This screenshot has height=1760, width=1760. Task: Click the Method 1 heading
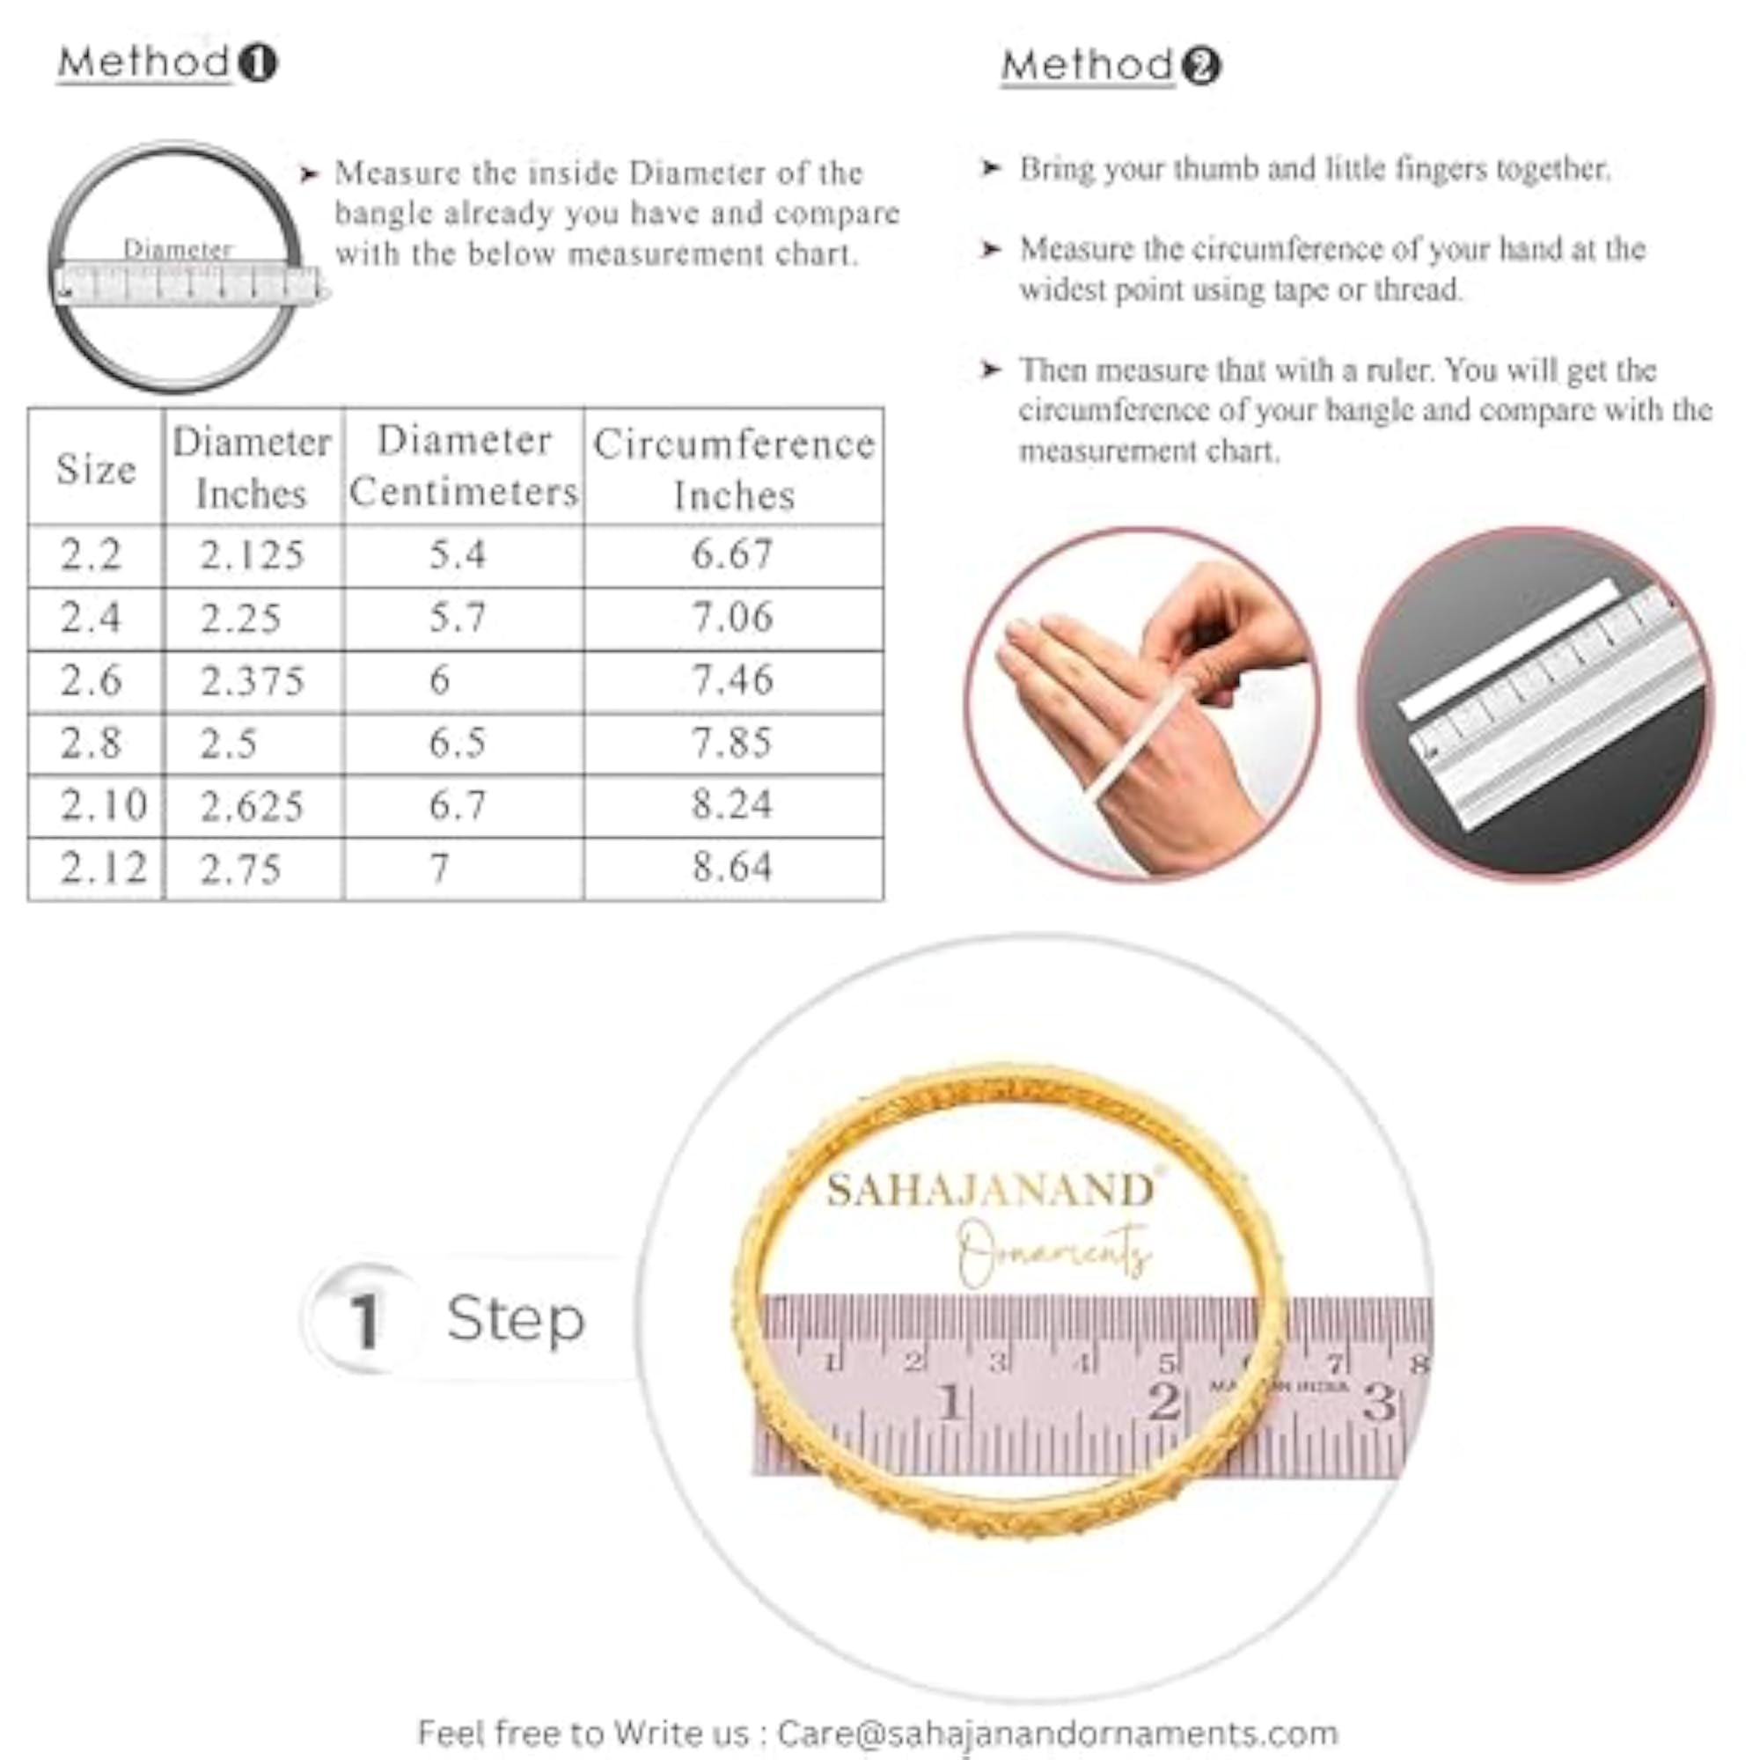167,62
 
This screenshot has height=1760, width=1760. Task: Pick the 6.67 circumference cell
732,554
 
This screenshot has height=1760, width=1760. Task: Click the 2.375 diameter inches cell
253,680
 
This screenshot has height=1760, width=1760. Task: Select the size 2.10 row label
103,804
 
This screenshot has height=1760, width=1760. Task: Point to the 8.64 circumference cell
732,866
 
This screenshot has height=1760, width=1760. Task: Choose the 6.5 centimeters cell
458,743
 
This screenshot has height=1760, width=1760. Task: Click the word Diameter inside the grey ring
179,249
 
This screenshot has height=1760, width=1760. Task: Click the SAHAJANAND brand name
991,1190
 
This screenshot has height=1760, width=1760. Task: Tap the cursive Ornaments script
1054,1252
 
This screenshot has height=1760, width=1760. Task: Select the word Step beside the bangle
516,1318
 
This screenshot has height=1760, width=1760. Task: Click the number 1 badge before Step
364,1320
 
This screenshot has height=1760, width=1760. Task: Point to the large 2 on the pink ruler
1163,1402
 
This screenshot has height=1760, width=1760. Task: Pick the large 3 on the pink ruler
1379,1402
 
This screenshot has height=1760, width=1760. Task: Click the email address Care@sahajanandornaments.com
1058,1732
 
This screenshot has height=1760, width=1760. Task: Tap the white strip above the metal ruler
1508,648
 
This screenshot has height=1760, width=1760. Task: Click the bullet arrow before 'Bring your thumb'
990,169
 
